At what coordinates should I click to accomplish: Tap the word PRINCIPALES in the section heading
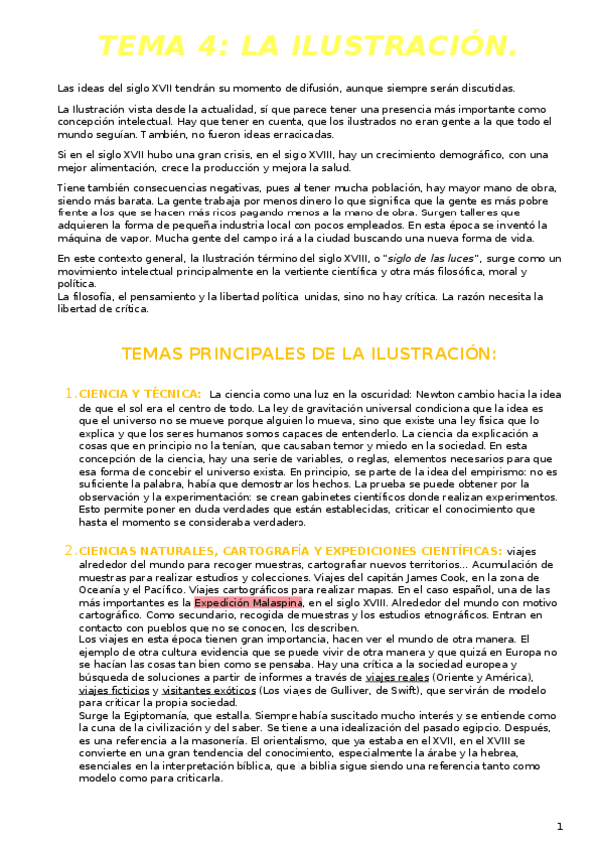pos(261,354)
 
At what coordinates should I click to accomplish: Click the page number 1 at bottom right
pos(560,826)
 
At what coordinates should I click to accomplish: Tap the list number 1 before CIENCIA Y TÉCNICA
pos(69,393)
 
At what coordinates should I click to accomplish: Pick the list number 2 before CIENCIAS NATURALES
pos(69,550)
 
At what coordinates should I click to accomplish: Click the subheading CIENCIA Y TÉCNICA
pos(140,394)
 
